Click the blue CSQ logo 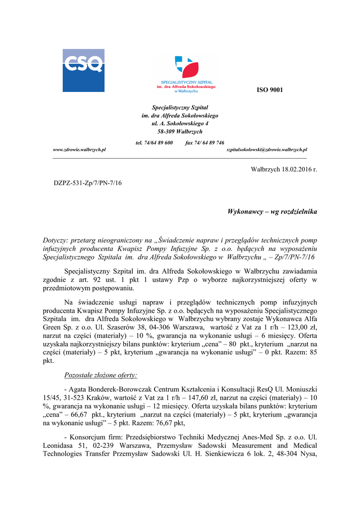coord(83,70)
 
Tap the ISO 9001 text coord(270,90)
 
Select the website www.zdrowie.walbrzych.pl coord(80,150)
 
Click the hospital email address coord(267,150)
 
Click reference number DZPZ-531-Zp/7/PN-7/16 coord(88,183)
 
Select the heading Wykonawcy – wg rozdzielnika coord(272,211)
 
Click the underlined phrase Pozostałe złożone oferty coord(101,374)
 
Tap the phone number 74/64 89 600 coord(158,143)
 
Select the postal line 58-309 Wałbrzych coord(180,131)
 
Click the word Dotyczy coord(55,240)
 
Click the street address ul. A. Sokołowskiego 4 coord(180,123)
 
